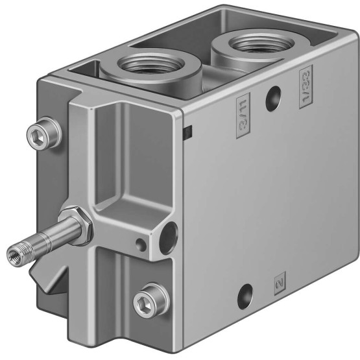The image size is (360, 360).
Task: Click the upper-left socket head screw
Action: click(44, 134)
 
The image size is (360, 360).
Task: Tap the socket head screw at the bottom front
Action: click(151, 302)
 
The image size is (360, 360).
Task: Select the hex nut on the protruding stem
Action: click(76, 226)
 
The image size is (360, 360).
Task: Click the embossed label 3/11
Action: click(243, 115)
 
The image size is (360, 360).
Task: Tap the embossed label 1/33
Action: click(306, 87)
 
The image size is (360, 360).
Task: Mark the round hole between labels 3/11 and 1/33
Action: click(273, 99)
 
